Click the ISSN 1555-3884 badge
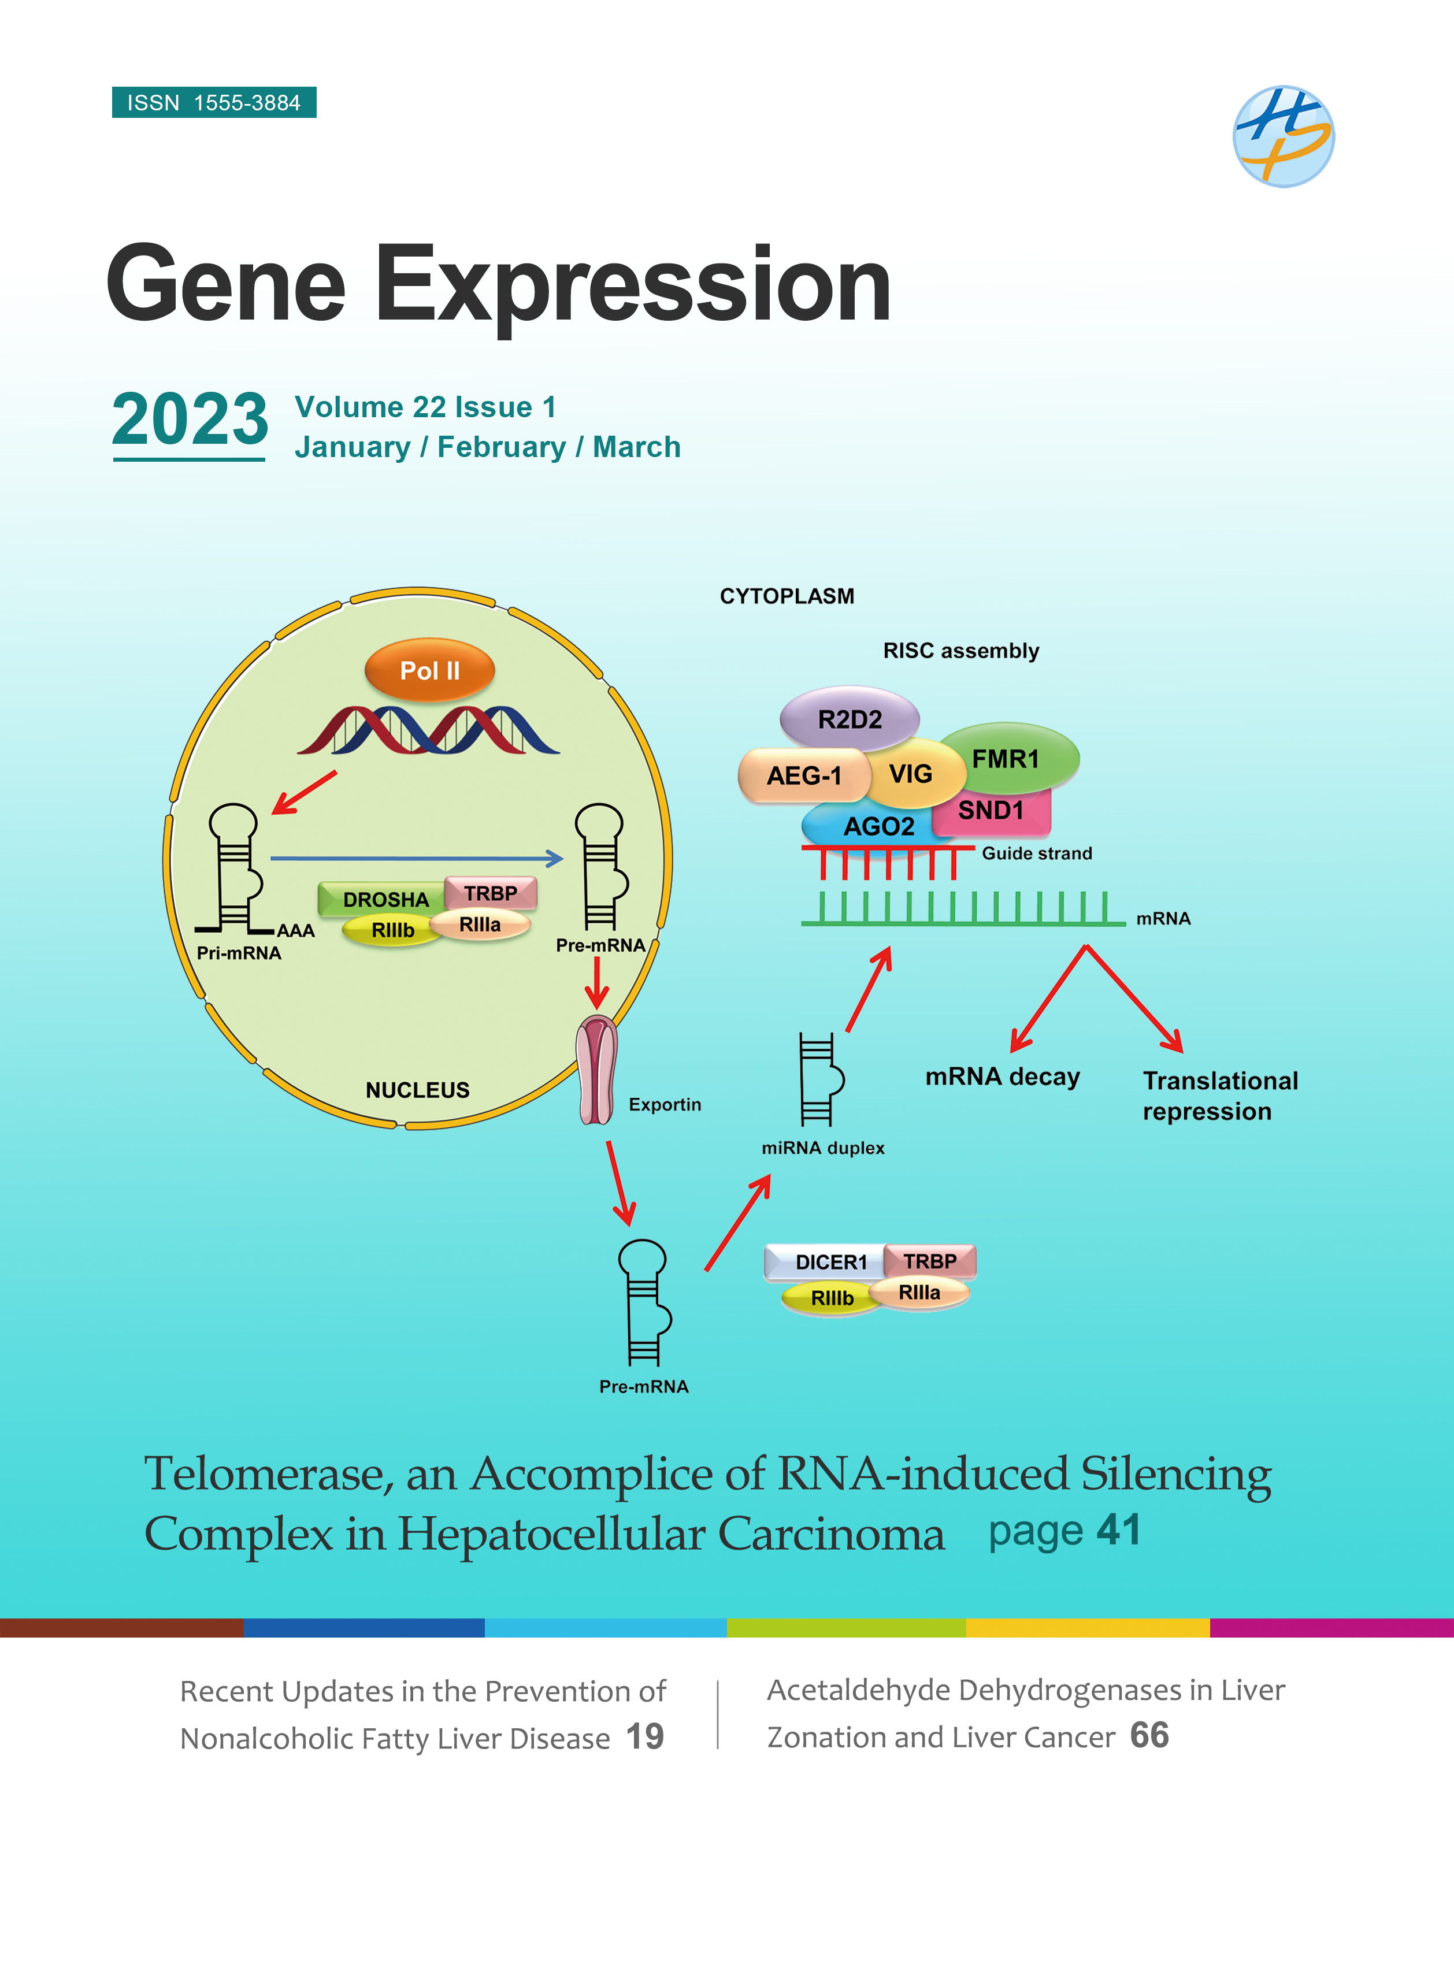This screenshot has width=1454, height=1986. (214, 102)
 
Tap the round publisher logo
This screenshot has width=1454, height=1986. (1284, 136)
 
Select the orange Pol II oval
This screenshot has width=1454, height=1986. (429, 670)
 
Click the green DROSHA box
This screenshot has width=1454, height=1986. (384, 899)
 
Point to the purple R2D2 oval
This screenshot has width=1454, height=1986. (850, 719)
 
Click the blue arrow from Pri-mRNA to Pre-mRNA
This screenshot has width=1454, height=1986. (416, 858)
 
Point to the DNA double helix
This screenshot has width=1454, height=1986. (429, 729)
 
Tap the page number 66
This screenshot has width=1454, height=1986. (1149, 1735)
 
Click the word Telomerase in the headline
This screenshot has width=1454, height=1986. (269, 1474)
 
